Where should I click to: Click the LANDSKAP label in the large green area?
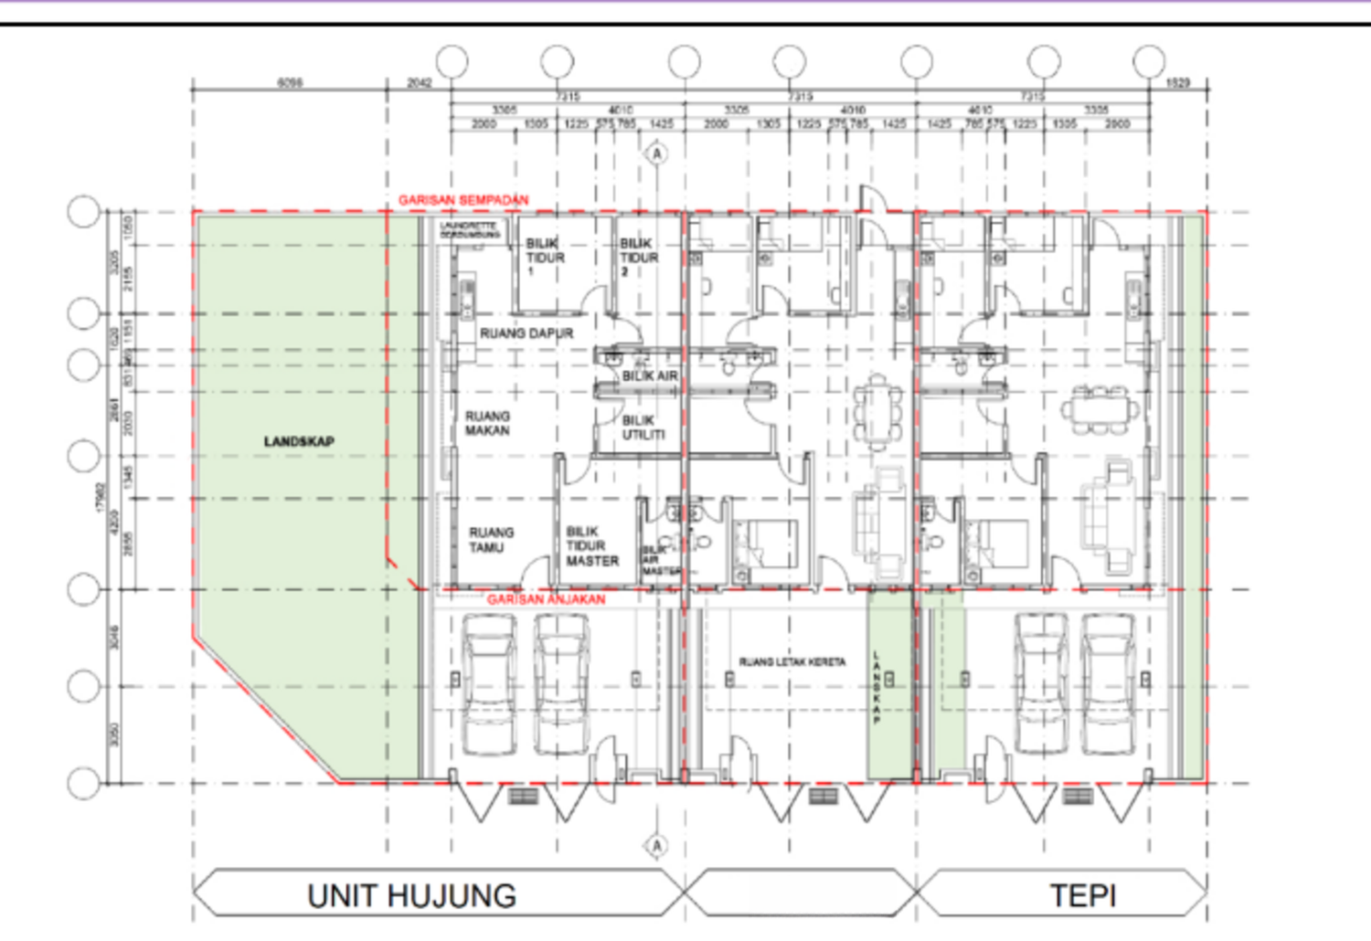(x=299, y=441)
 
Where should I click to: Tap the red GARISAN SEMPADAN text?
(x=462, y=200)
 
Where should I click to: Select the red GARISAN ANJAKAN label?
(x=546, y=599)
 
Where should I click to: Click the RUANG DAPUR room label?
(x=526, y=333)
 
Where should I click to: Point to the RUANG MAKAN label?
(x=487, y=423)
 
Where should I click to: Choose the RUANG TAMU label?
(x=491, y=540)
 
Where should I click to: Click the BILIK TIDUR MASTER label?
(x=591, y=545)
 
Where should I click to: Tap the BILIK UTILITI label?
(x=643, y=428)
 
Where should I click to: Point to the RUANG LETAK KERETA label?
(x=792, y=661)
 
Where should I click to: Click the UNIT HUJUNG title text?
(x=411, y=895)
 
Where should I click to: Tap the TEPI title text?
(x=1082, y=895)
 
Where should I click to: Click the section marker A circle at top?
(x=656, y=153)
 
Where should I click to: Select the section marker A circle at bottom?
(x=656, y=846)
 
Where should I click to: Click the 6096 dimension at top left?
(x=290, y=82)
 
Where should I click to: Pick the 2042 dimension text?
(x=419, y=82)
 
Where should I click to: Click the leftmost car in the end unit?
(x=489, y=683)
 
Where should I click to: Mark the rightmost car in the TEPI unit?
(x=1109, y=683)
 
